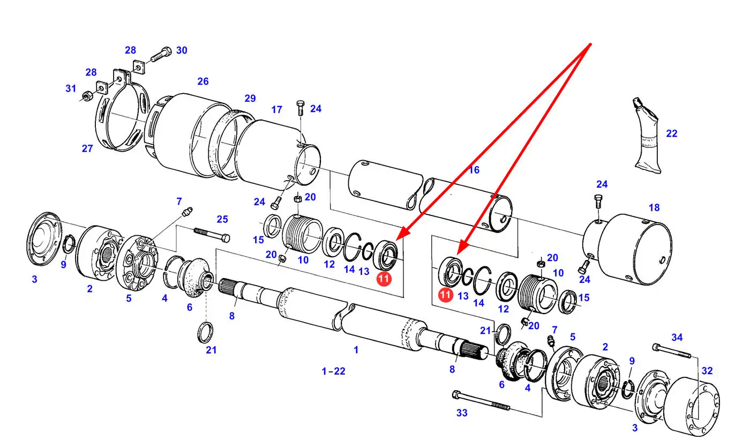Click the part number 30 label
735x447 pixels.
coord(182,50)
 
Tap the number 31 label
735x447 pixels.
coord(71,88)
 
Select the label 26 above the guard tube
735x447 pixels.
coord(202,81)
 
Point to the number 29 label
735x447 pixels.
coord(250,98)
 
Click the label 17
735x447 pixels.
coord(276,109)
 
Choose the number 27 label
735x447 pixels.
coord(87,148)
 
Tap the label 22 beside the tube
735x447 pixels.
coord(671,133)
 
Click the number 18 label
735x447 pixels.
coord(654,207)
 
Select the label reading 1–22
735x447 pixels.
coord(333,371)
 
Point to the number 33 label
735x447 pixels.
coord(462,413)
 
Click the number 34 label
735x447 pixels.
coord(677,337)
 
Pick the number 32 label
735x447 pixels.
coord(707,370)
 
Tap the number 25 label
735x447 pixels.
coord(222,219)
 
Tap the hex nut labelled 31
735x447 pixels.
coord(86,98)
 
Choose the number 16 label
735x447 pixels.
coord(474,170)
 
